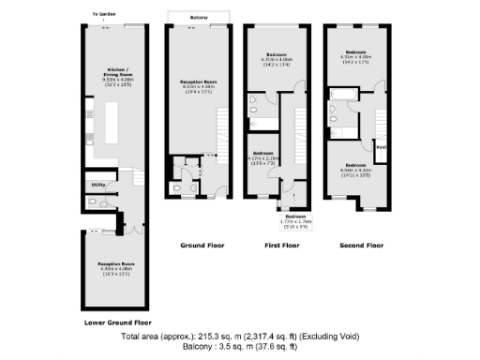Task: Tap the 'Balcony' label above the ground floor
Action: pyautogui.click(x=197, y=15)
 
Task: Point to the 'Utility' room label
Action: pyautogui.click(x=98, y=185)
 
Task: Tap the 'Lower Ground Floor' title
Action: pyautogui.click(x=117, y=322)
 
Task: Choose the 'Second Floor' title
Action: pyautogui.click(x=361, y=245)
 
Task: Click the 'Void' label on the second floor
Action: pyautogui.click(x=382, y=146)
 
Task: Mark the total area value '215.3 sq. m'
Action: pyautogui.click(x=226, y=336)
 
